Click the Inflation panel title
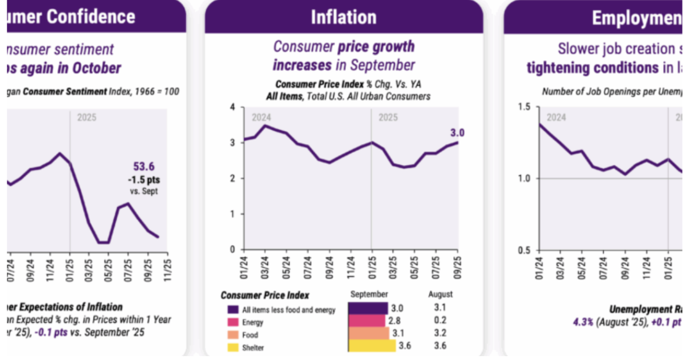coord(344,17)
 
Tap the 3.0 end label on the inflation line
coord(458,132)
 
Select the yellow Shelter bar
coord(372,346)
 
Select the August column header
coord(440,295)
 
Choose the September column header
coord(369,295)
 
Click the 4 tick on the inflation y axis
coord(233,107)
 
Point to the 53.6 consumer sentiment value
coord(144,167)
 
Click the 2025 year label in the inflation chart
coord(388,117)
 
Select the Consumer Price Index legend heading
coord(265,296)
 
